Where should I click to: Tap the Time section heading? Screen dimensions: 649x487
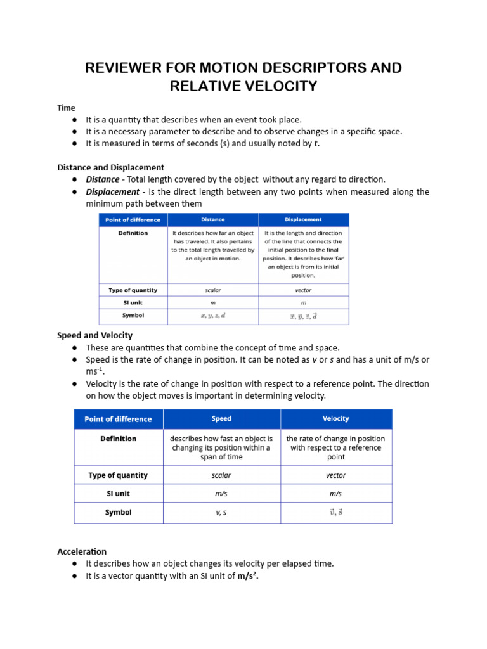66,108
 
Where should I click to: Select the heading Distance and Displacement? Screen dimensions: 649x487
110,167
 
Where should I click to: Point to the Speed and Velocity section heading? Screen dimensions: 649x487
94,335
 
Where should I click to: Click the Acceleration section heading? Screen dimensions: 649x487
82,551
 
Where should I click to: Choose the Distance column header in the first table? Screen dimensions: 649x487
212,220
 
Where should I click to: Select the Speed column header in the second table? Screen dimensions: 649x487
221,419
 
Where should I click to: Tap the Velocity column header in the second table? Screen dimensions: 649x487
335,419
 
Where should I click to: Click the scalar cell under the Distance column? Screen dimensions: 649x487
212,290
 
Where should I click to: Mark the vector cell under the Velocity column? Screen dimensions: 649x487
335,475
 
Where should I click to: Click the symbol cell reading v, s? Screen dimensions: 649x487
221,513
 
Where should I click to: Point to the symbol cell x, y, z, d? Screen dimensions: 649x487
212,316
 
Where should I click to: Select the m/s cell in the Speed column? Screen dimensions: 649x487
221,494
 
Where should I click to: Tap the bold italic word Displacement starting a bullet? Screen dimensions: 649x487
112,191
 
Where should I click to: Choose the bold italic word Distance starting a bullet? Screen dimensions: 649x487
102,179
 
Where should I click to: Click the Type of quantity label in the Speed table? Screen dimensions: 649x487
118,475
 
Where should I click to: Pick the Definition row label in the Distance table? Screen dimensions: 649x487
133,233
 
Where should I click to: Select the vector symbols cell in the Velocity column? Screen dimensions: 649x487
335,513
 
